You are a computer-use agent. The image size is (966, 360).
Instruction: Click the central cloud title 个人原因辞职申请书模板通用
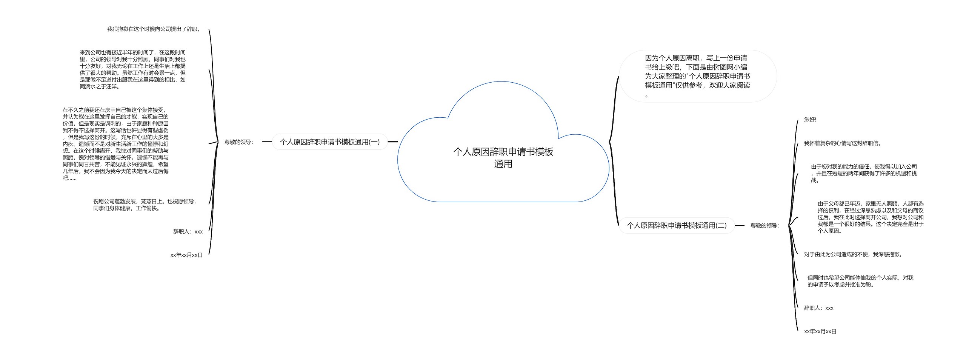pyautogui.click(x=503, y=158)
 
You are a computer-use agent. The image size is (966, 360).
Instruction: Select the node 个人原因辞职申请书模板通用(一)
pyautogui.click(x=329, y=142)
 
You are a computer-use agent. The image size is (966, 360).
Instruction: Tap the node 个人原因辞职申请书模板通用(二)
pyautogui.click(x=676, y=226)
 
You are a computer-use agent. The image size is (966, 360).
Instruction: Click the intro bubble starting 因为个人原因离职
pyautogui.click(x=697, y=76)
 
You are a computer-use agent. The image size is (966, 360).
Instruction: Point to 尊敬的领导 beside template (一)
pyautogui.click(x=238, y=142)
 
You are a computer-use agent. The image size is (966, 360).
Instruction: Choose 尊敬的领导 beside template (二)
pyautogui.click(x=764, y=226)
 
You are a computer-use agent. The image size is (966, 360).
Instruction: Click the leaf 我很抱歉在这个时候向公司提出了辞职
pyautogui.click(x=154, y=29)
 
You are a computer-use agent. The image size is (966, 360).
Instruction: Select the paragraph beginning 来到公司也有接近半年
pyautogui.click(x=132, y=69)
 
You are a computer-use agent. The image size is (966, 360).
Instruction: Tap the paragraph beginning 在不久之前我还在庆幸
pyautogui.click(x=115, y=144)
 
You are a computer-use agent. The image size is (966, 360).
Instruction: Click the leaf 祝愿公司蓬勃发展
pyautogui.click(x=145, y=205)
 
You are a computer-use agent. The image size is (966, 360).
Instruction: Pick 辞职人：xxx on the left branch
pyautogui.click(x=188, y=232)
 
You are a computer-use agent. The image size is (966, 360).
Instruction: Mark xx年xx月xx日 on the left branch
pyautogui.click(x=186, y=255)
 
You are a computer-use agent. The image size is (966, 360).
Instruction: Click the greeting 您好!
pyautogui.click(x=810, y=120)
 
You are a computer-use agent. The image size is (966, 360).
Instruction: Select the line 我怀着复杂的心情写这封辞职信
pyautogui.click(x=841, y=143)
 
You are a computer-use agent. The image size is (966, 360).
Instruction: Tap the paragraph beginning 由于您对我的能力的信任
pyautogui.click(x=864, y=173)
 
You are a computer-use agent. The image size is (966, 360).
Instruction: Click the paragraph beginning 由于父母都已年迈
pyautogui.click(x=871, y=217)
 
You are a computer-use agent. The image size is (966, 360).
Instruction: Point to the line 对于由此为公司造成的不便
pyautogui.click(x=853, y=254)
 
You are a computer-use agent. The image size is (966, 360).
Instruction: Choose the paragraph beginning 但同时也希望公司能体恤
pyautogui.click(x=860, y=281)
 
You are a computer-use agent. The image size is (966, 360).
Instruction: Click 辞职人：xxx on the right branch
pyautogui.click(x=818, y=308)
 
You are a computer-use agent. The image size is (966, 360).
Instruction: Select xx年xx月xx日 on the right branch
pyautogui.click(x=820, y=331)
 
